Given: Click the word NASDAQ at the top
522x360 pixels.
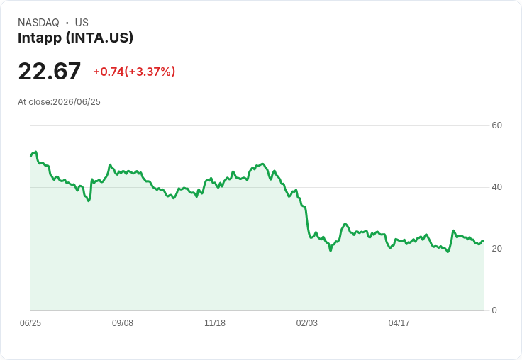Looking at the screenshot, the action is click(x=38, y=23).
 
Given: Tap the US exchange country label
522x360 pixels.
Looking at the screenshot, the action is click(x=82, y=23).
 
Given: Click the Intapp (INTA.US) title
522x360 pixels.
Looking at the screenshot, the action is click(x=76, y=38).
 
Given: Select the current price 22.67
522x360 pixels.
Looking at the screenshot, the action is click(x=49, y=71).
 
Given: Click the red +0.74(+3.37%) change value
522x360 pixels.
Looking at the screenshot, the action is click(x=134, y=72).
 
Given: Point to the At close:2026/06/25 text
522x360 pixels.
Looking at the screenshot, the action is click(x=60, y=102).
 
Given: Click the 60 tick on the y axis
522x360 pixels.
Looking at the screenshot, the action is click(x=496, y=125).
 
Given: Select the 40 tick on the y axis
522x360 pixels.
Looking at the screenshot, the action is click(x=496, y=187).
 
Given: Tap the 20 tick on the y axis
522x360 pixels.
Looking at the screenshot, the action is click(x=496, y=249).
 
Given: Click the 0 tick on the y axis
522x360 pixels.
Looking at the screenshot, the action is click(x=494, y=310).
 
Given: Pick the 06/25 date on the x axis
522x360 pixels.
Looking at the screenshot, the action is click(x=30, y=323).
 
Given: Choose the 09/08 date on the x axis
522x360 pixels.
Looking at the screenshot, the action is click(x=123, y=323).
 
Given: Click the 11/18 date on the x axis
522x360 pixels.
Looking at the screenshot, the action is click(x=215, y=323).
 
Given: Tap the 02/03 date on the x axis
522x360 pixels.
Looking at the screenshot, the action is click(x=307, y=323).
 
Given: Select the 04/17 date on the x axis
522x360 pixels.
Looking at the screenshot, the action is click(x=399, y=323).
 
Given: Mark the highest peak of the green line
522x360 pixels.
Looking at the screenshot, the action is click(x=35, y=152).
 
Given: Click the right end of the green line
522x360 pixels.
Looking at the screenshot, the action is click(x=484, y=241).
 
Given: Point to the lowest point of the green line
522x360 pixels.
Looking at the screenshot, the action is click(x=448, y=252).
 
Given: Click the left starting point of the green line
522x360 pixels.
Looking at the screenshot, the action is click(x=30, y=156).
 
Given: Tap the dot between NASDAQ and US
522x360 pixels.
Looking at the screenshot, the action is click(x=67, y=23).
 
